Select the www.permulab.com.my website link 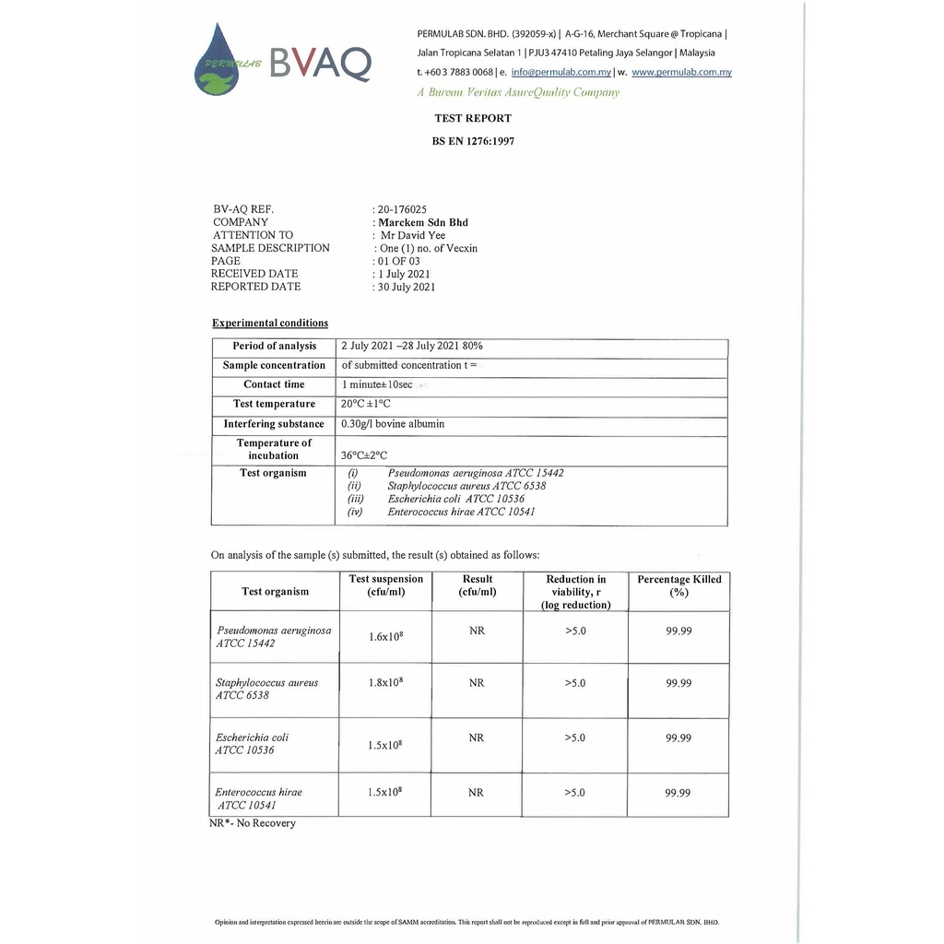tap(681, 72)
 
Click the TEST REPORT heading tap(473, 118)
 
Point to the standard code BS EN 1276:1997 tap(473, 141)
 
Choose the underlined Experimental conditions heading tap(270, 323)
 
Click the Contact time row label tap(274, 384)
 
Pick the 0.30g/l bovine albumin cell tap(393, 424)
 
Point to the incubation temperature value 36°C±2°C tap(364, 455)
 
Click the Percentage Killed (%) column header tap(679, 585)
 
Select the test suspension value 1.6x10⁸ tap(386, 636)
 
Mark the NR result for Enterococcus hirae tap(476, 793)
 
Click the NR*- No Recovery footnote tap(253, 823)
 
